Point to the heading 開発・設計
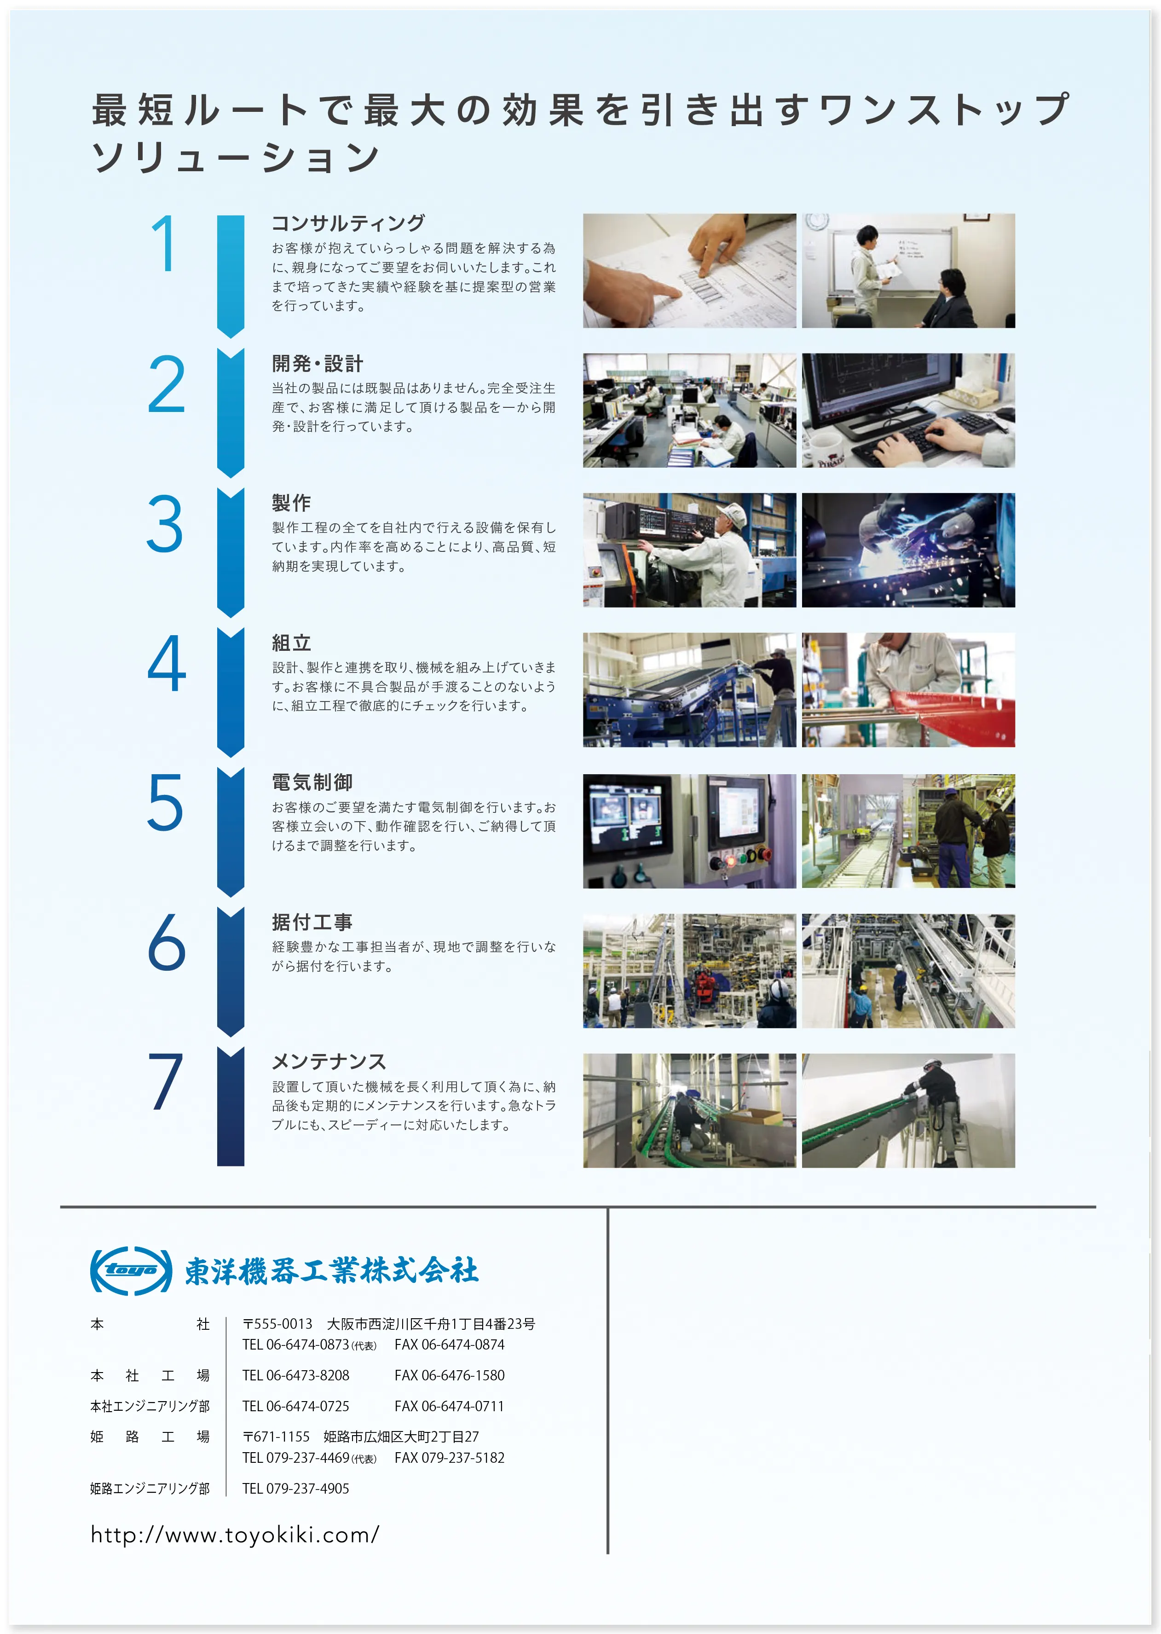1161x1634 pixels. (x=318, y=363)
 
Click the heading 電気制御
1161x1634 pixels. (x=312, y=782)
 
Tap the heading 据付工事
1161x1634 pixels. (x=312, y=922)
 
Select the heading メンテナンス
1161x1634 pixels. (x=329, y=1061)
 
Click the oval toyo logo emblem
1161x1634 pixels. (x=131, y=1271)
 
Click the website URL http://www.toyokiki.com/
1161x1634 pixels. (x=235, y=1535)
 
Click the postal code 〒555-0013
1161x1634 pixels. (x=277, y=1324)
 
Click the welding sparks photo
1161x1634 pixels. (x=908, y=550)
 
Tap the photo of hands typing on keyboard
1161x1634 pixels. (x=908, y=411)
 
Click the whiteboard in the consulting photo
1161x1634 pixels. (x=894, y=258)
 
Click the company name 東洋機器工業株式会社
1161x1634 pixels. (x=332, y=1271)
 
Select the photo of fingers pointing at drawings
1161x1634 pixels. (x=689, y=271)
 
